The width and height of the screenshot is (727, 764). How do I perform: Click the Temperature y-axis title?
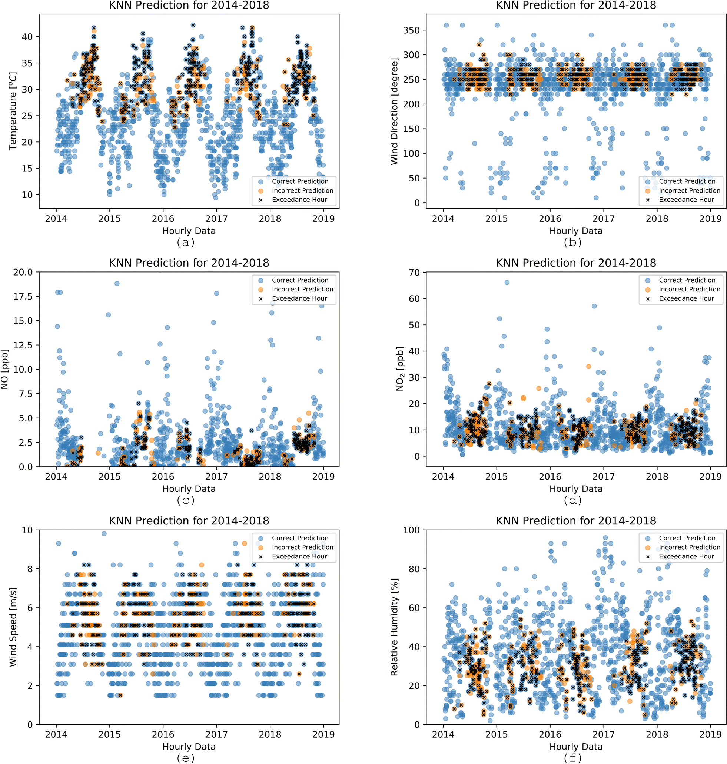coord(13,111)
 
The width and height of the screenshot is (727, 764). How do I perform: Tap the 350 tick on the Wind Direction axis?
coord(411,30)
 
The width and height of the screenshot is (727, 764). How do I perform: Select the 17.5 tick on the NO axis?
coord(23,297)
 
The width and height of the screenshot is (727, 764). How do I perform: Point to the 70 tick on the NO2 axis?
coord(414,273)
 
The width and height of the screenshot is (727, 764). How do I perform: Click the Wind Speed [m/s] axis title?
coord(13,627)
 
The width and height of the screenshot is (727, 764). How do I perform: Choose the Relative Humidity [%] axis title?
coord(394,627)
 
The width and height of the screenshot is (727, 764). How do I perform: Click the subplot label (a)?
coord(186,243)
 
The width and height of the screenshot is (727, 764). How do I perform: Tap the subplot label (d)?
coord(573,500)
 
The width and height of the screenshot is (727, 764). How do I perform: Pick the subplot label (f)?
coord(573,758)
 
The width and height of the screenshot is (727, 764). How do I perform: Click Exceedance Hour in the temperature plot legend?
coord(299,200)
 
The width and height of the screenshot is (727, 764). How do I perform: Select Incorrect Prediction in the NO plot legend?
coord(302,289)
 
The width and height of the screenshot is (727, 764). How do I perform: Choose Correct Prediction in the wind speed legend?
coord(300,538)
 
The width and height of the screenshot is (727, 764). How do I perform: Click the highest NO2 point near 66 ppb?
coord(507,282)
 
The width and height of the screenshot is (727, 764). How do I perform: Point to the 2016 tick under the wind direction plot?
coord(550,219)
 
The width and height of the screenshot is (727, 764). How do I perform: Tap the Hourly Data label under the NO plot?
coord(189,489)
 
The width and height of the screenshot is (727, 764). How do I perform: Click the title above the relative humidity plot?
coord(576,521)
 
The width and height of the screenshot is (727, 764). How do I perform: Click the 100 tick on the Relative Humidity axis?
coord(411,530)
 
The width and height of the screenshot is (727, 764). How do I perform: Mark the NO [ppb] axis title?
coord(5,369)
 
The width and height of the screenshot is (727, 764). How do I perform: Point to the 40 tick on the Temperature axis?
coord(27,37)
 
